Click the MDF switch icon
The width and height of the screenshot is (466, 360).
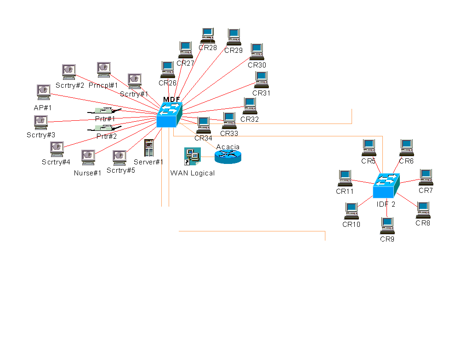[x=169, y=115]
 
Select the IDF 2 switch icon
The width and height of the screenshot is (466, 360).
[x=386, y=186]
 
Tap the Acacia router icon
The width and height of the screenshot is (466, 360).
[x=227, y=157]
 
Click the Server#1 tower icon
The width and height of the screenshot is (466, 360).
[x=149, y=148]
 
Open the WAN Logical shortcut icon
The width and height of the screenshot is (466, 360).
[x=192, y=157]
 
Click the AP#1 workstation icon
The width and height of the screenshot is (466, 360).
[x=43, y=92]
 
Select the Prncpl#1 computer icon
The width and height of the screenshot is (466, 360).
[x=103, y=70]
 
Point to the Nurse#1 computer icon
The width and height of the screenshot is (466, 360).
[x=88, y=157]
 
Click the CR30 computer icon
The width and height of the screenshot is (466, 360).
[x=256, y=51]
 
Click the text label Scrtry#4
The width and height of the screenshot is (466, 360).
[x=56, y=162]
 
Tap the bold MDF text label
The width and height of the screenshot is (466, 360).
[x=171, y=100]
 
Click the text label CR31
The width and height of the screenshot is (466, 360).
[x=261, y=93]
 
